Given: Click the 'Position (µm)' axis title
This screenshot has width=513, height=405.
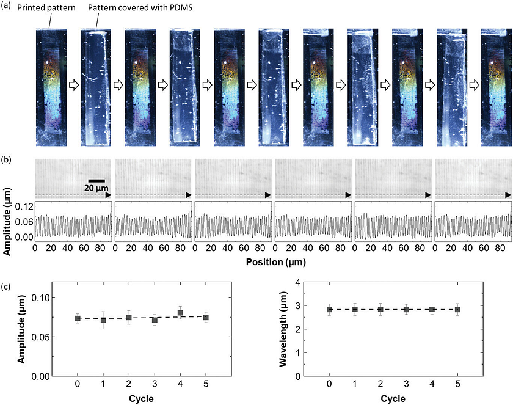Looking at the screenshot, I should [x=272, y=261].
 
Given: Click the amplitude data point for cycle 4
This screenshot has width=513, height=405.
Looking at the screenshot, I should [x=180, y=313].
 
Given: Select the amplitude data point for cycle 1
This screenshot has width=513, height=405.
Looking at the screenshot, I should [x=103, y=319].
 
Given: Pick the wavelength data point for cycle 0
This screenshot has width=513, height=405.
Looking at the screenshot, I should [x=330, y=309].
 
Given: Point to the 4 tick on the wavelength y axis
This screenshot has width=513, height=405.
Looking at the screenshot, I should [x=307, y=282].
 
